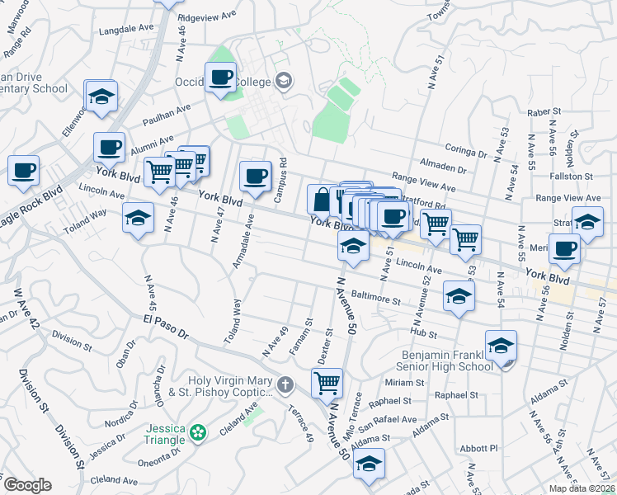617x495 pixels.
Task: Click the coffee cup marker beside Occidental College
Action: pyautogui.click(x=220, y=78)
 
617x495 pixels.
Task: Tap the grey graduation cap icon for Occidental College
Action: pyautogui.click(x=284, y=80)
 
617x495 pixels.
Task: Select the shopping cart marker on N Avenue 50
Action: pyautogui.click(x=327, y=383)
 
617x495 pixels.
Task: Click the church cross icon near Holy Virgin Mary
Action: pyautogui.click(x=285, y=384)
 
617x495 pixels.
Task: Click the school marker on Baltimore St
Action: pyautogui.click(x=459, y=297)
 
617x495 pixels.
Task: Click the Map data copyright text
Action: pyautogui.click(x=581, y=488)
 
